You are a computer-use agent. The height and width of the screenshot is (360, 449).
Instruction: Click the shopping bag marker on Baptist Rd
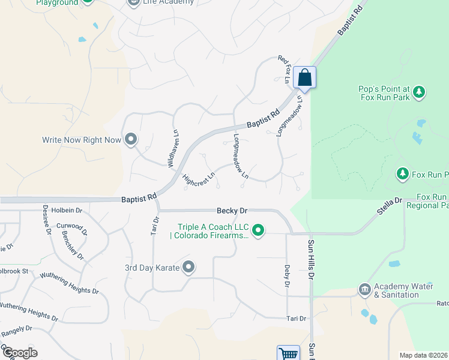click(x=305, y=77)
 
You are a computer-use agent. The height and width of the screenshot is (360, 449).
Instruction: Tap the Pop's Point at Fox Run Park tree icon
click(x=419, y=92)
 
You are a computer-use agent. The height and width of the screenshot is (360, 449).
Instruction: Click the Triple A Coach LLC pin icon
click(x=259, y=230)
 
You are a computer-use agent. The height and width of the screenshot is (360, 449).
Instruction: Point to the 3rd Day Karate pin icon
click(x=189, y=267)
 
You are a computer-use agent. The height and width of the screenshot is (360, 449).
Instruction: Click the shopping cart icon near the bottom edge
click(x=289, y=354)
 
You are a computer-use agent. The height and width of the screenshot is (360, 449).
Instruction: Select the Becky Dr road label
click(x=232, y=211)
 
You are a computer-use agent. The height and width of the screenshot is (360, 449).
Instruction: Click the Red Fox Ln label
click(x=283, y=69)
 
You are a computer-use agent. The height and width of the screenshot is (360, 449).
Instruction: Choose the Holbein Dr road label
click(x=66, y=211)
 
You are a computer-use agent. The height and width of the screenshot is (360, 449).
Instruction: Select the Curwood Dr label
click(x=72, y=229)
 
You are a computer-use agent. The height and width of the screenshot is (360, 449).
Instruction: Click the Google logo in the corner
click(x=19, y=353)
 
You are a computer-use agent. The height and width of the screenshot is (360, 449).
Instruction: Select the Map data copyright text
click(x=424, y=355)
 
